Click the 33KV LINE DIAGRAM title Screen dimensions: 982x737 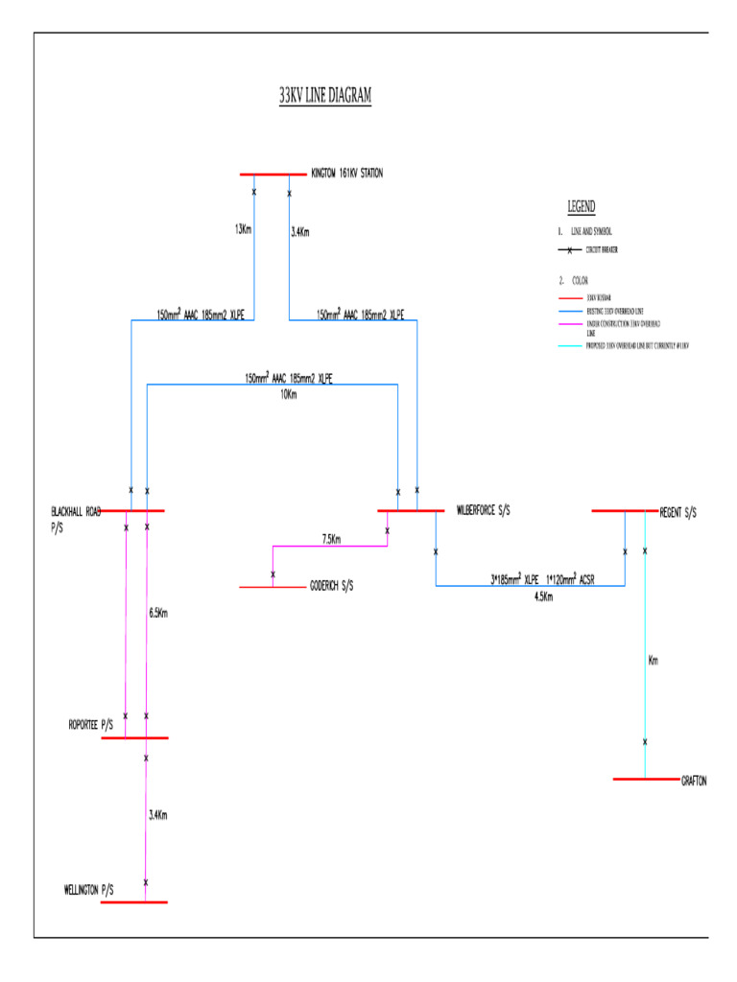point(324,97)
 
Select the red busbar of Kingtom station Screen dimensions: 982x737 point(273,175)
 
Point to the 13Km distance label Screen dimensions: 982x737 point(244,229)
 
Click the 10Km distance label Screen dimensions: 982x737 point(287,394)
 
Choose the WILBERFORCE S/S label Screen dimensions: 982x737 point(483,511)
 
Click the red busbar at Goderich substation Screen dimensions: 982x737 point(273,586)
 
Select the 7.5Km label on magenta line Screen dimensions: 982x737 point(331,539)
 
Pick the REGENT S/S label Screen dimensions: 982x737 point(678,512)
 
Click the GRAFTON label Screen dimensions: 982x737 point(694,781)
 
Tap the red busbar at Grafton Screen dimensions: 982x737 point(645,779)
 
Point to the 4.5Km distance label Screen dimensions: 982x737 point(543,596)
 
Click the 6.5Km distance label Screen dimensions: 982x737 point(159,613)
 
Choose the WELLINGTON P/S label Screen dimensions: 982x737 point(88,890)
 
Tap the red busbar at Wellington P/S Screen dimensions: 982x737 point(133,901)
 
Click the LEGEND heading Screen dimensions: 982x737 point(581,206)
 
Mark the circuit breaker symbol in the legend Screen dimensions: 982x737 point(570,250)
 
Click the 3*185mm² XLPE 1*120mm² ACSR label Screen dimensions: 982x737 point(543,580)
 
